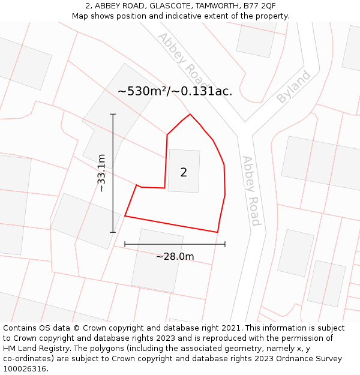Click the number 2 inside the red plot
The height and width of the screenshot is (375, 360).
[184, 173]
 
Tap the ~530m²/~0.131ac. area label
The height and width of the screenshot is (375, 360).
[175, 91]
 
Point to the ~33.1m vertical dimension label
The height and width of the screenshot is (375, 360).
[101, 173]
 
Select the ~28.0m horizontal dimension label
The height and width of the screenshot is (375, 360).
[175, 257]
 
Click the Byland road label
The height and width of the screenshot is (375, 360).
[293, 87]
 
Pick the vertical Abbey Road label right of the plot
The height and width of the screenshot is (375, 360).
[251, 191]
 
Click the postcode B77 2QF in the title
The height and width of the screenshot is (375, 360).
[259, 5]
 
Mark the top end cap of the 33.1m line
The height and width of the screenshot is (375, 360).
[113, 114]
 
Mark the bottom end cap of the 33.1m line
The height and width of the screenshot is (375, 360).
[113, 232]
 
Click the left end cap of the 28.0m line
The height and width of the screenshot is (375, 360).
[125, 244]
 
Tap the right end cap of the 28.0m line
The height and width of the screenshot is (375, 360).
[225, 244]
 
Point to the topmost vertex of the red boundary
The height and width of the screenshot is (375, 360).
[190, 114]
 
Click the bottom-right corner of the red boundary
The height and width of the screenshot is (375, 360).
[217, 232]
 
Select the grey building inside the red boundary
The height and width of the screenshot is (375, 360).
[184, 170]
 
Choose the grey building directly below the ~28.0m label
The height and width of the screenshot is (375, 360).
[157, 282]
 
